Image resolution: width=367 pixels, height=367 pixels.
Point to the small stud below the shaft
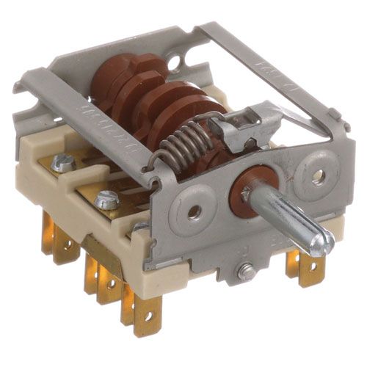pyautogui.click(x=246, y=272)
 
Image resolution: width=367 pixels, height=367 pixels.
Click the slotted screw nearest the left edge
pyautogui.click(x=62, y=164)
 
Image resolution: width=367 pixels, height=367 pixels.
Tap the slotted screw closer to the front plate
pyautogui.click(x=107, y=198)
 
